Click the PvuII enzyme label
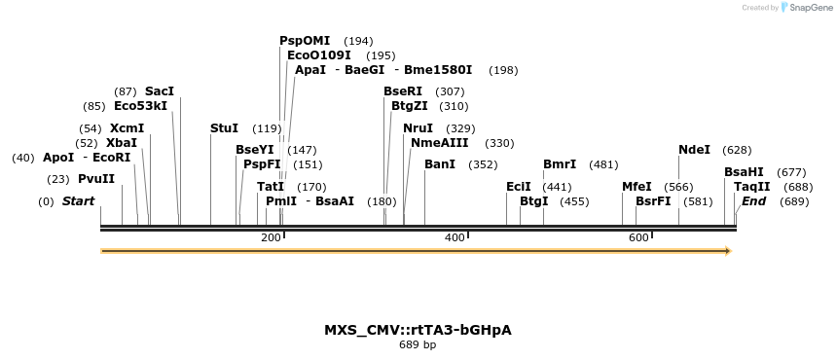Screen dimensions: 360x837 [96, 179]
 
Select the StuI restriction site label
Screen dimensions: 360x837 [224, 128]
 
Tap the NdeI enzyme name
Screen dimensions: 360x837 [694, 150]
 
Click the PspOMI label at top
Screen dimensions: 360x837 [305, 41]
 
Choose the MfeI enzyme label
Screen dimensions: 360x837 [637, 187]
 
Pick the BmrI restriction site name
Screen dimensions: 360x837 [560, 164]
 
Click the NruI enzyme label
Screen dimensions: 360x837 [418, 128]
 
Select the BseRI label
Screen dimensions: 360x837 [403, 91]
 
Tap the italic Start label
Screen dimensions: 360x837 [78, 201]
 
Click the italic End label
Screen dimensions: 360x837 [754, 201]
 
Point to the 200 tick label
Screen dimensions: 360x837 [271, 238]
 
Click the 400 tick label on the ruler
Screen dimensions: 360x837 [455, 238]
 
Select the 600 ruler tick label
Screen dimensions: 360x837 [638, 238]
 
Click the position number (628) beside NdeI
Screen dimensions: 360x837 [737, 150]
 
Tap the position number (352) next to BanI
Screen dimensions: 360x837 [483, 164]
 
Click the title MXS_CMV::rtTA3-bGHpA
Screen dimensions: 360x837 [418, 330]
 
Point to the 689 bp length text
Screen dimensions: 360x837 [418, 344]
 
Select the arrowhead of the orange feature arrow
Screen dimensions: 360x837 [726, 251]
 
